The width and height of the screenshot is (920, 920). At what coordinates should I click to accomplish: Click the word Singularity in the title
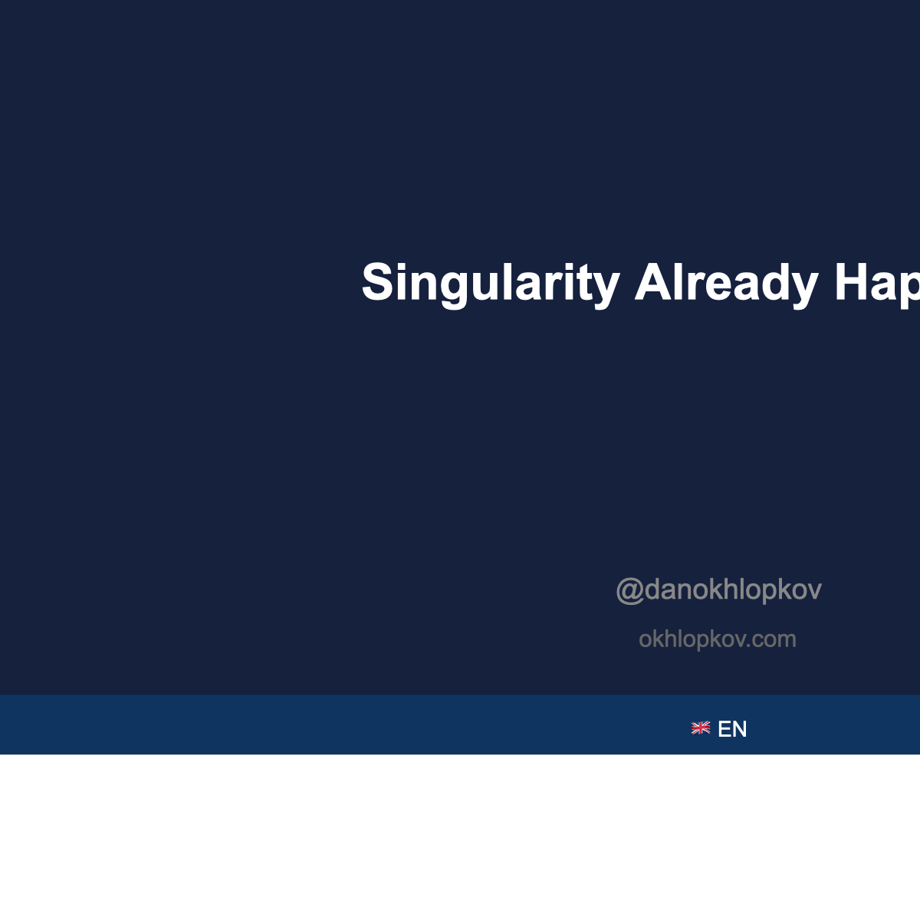point(490,283)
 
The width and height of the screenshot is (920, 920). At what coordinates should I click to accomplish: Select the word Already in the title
point(726,283)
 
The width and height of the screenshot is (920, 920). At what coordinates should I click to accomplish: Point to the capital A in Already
point(652,282)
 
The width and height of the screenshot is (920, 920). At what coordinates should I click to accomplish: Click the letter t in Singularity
point(586,283)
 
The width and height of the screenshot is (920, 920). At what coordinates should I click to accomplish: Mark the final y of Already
point(804,287)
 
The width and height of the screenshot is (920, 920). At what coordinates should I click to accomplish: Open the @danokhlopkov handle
point(718,590)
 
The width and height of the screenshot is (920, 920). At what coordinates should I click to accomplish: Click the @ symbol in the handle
point(629,590)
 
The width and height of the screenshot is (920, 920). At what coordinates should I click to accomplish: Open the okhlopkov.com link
point(717,639)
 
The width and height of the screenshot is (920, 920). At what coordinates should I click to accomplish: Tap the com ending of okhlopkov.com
point(774,639)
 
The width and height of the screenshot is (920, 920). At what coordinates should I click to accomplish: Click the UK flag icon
point(701,728)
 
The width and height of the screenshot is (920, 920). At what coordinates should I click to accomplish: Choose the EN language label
point(732,729)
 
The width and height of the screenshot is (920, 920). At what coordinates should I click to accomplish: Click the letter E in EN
point(724,729)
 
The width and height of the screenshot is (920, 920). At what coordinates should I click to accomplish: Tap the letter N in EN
point(739,729)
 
